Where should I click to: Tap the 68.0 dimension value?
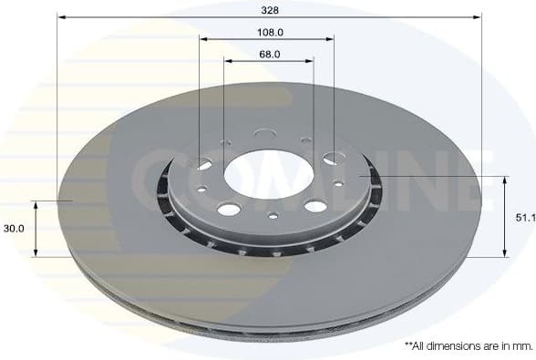[268, 54]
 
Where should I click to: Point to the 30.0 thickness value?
[15, 229]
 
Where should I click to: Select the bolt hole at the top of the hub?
[265, 134]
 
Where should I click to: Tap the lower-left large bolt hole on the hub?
[229, 209]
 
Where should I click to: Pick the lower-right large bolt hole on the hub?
[315, 206]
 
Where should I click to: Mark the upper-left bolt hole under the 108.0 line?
[202, 164]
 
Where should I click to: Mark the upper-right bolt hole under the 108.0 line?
[332, 159]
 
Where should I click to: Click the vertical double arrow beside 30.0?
[36, 229]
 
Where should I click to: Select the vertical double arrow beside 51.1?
[504, 217]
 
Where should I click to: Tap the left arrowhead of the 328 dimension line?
[61, 16]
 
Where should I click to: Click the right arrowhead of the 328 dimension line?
[477, 16]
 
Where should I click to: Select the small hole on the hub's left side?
[201, 190]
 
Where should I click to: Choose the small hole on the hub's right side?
[338, 183]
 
